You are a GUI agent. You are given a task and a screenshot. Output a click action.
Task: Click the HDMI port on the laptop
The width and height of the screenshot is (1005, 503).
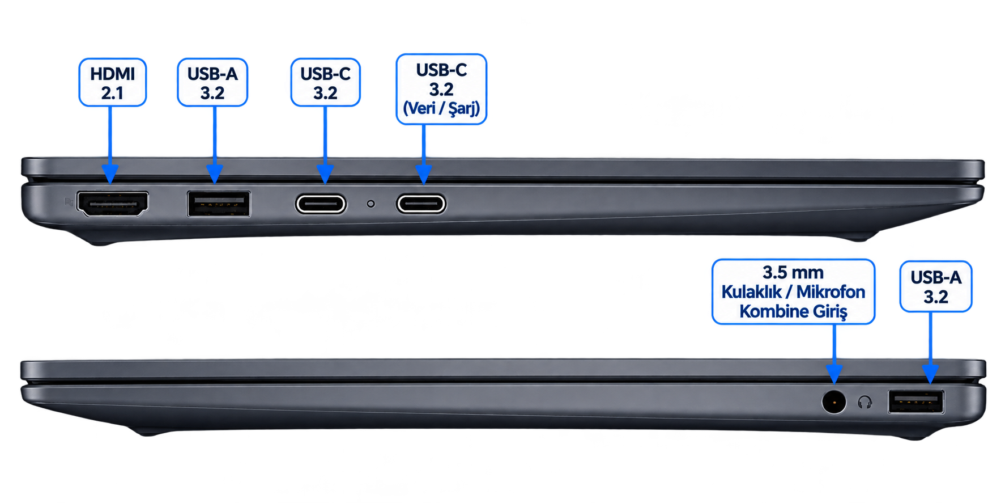point(113,204)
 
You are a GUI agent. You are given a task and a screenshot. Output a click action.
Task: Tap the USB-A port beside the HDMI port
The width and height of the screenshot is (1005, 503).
point(219,204)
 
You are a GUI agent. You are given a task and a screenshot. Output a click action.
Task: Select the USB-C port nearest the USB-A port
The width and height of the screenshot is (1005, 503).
point(321,204)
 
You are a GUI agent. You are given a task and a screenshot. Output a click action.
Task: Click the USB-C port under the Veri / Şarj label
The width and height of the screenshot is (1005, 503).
point(421,204)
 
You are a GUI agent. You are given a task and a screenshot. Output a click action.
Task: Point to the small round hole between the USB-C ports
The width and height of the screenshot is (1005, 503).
point(371,204)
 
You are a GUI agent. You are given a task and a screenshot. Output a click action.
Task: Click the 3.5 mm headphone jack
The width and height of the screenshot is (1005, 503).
point(834,402)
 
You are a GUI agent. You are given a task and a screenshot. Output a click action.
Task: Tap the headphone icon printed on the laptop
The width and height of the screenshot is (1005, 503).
point(865,403)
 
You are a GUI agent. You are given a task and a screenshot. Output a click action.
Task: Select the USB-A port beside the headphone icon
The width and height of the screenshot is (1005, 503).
point(916,402)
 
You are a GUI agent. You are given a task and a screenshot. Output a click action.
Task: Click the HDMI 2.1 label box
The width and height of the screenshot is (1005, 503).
point(113,82)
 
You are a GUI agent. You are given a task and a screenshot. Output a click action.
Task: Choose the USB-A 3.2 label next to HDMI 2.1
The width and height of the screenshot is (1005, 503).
point(212,82)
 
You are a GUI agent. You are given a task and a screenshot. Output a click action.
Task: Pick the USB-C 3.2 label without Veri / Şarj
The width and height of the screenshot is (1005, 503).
point(326,82)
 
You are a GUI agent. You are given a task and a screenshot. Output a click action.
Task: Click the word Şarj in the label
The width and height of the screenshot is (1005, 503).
point(464,108)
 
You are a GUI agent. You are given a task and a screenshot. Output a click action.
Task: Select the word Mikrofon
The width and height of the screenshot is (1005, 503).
point(831,291)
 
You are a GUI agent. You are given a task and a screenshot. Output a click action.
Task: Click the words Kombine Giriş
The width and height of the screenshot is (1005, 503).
point(793,311)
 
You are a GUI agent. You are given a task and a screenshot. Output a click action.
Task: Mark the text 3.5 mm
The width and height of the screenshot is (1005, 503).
point(793,272)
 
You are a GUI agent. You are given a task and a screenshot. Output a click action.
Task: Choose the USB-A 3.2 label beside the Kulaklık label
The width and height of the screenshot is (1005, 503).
point(936,286)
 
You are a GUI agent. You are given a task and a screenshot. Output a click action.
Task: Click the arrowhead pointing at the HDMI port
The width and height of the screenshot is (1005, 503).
point(110,174)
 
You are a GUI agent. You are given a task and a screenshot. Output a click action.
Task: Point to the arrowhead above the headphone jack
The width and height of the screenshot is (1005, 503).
point(834,374)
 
